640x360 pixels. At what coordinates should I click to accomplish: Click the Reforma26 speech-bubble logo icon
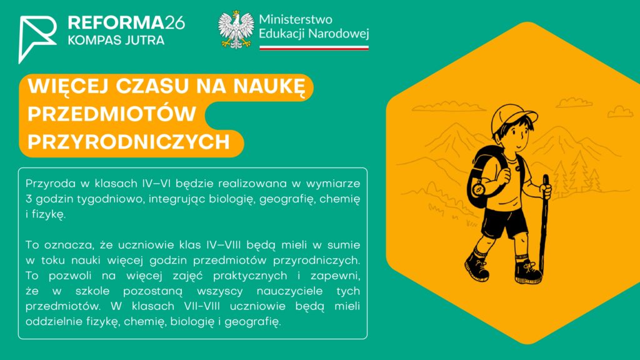(x=37, y=39)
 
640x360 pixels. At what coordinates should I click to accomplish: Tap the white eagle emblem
(x=236, y=30)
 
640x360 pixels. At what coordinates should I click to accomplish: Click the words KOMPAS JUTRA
(x=116, y=41)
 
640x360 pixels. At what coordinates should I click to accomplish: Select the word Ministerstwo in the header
(x=296, y=19)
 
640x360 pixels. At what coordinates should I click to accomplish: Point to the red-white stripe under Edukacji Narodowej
(x=314, y=48)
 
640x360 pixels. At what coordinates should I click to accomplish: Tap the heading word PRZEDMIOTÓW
(x=112, y=114)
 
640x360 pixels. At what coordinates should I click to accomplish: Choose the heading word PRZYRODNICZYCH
(x=129, y=142)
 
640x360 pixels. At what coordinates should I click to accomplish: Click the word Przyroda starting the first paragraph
(x=51, y=184)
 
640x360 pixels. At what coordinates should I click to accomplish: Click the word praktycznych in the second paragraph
(x=250, y=276)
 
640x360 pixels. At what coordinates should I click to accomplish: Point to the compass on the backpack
(x=478, y=189)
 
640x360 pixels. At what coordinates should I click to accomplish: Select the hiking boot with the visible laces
(x=527, y=271)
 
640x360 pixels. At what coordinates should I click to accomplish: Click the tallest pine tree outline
(x=579, y=171)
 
